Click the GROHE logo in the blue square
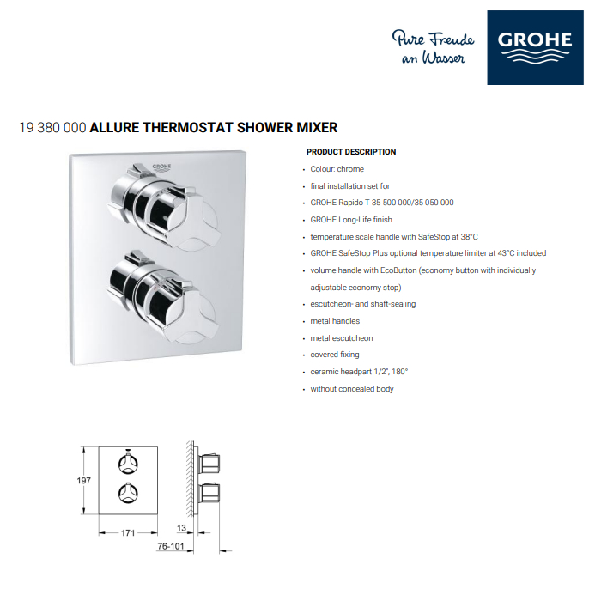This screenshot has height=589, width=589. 535,47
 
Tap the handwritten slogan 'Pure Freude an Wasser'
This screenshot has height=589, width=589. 433,47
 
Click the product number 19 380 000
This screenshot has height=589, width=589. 52,128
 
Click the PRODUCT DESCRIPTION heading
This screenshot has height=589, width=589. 351,152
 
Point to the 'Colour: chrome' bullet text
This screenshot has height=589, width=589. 337,169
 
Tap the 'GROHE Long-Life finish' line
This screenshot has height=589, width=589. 351,220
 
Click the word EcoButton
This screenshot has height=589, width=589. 398,270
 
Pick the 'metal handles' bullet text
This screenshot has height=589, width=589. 335,321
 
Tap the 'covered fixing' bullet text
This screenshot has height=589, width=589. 335,355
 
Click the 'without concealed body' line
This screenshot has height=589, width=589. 352,389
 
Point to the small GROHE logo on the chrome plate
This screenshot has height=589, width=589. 161,167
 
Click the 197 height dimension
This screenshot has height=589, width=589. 84,481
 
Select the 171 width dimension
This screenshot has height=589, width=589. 128,532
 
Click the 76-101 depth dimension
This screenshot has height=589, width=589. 171,546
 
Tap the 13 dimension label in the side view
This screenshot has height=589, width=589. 181,528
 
